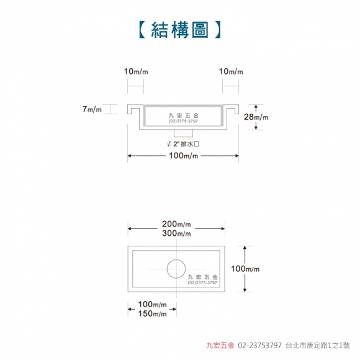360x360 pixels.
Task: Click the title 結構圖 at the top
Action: point(180,30)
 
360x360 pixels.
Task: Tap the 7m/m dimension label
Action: point(92,109)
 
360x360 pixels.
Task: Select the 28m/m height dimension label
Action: point(256,117)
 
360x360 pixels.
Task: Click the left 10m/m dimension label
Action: point(136,71)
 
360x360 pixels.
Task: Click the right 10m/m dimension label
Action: point(231,71)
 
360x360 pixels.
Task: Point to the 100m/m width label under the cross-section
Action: point(183,156)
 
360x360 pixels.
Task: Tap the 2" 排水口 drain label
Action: point(183,144)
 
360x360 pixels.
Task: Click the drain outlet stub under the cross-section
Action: point(183,133)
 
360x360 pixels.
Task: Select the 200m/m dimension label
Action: point(176,224)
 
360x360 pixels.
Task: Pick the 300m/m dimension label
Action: point(176,233)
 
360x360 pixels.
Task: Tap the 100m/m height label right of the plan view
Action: point(245,269)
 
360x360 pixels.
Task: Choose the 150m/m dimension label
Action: point(152,313)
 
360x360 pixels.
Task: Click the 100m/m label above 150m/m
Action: point(152,304)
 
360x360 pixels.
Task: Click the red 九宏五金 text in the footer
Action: point(220,345)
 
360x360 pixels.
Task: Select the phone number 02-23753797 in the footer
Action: point(259,345)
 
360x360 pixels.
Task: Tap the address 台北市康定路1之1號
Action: point(318,345)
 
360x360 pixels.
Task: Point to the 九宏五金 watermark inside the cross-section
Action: point(183,115)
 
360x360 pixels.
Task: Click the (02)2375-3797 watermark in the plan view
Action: point(202,282)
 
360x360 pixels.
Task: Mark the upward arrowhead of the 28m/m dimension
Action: point(256,106)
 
